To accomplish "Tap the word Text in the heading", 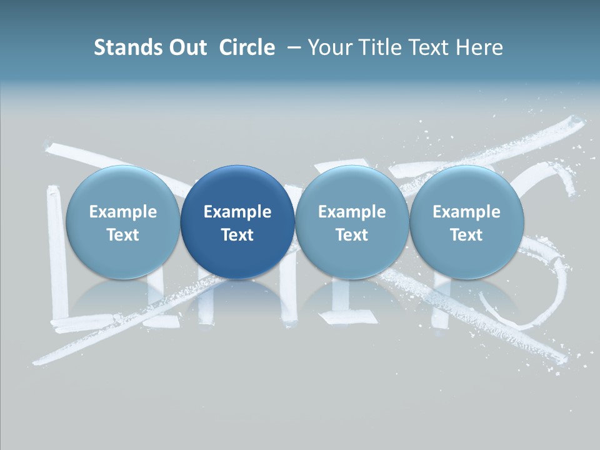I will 431,47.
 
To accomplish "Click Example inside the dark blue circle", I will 237,212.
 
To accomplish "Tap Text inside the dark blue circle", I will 237,235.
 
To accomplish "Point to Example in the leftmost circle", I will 122,212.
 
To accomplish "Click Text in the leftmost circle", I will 122,235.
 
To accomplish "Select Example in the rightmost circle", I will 466,212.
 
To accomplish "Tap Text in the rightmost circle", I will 466,235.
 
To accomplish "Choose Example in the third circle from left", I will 352,212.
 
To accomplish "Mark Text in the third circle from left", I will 352,235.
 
